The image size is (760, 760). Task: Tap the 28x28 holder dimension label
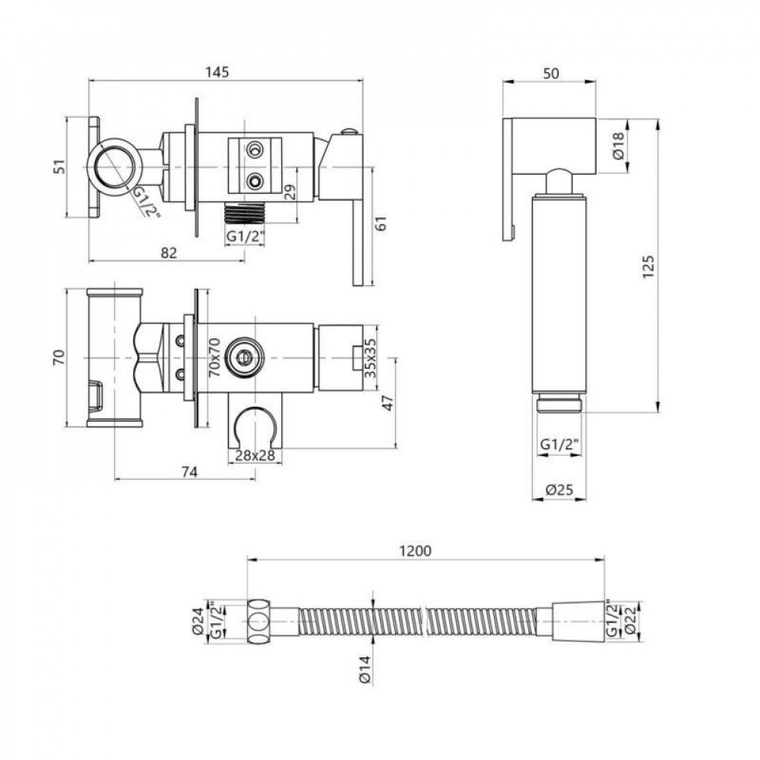254,454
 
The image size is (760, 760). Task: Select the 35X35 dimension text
369,358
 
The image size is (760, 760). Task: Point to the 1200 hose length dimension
416,551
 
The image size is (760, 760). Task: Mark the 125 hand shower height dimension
647,266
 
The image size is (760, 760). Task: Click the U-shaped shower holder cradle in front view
254,426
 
